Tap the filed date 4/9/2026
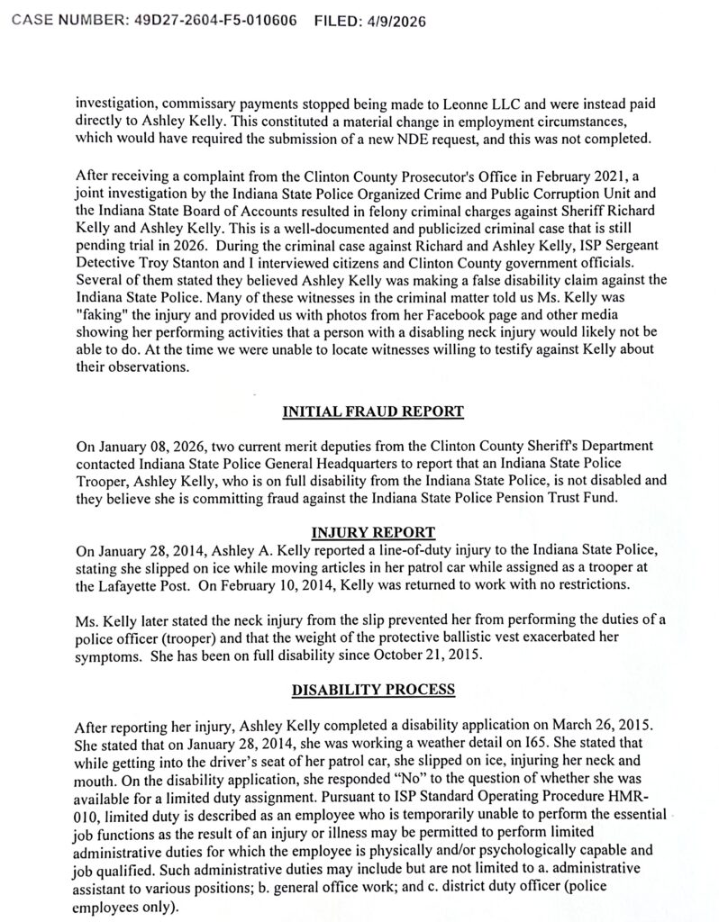click(394, 20)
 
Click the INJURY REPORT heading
click(372, 531)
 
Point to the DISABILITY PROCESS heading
click(372, 691)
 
